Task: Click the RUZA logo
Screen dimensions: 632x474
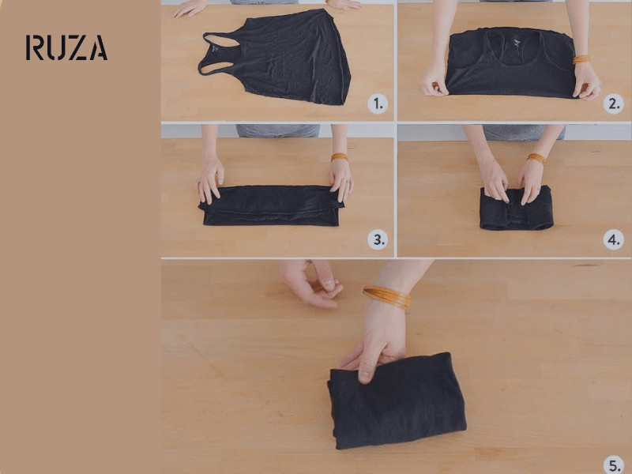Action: coord(66,47)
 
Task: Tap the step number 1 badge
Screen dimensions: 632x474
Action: coord(378,104)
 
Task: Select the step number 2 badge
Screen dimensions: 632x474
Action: coord(614,104)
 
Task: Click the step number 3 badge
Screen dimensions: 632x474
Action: coord(378,239)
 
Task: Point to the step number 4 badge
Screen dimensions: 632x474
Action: coord(614,239)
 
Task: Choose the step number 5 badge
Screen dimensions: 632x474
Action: coord(614,465)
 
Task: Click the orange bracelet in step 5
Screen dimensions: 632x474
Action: coord(387,297)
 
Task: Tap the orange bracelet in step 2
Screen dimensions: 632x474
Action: coord(581,60)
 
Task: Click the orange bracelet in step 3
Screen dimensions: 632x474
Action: coord(339,156)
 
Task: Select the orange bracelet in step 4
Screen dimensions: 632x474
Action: coord(536,159)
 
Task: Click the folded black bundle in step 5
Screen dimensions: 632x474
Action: coord(397,401)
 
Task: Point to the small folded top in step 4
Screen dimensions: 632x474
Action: coord(517,209)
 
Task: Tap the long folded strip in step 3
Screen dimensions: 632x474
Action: coord(272,205)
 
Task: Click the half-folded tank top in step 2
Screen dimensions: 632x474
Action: coord(511,62)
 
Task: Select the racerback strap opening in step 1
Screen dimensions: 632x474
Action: coord(220,41)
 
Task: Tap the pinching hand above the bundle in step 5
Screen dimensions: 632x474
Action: coord(310,283)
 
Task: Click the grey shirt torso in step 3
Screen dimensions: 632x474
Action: coord(278,130)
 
